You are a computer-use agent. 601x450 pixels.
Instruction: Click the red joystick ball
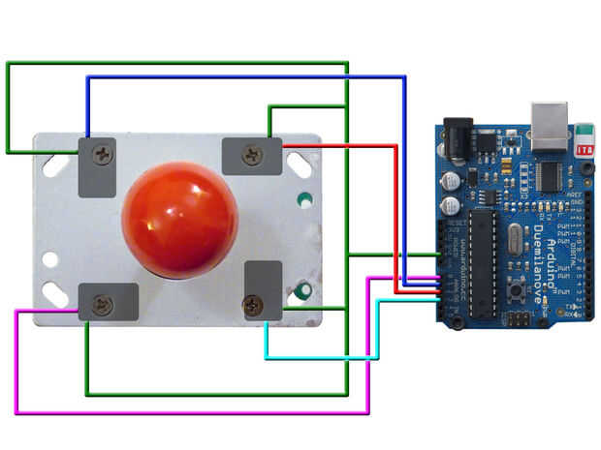pyautogui.click(x=179, y=220)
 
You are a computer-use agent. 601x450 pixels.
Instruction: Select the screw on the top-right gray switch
pyautogui.click(x=251, y=154)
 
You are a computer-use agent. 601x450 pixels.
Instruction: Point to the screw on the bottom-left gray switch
pyautogui.click(x=100, y=306)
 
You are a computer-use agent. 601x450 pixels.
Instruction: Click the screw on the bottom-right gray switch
pyautogui.click(x=254, y=306)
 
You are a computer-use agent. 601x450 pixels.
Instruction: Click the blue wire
pyautogui.click(x=242, y=76)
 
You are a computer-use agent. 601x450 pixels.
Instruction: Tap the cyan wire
pyautogui.click(x=320, y=358)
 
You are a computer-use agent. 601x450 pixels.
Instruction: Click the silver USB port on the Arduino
pyautogui.click(x=549, y=125)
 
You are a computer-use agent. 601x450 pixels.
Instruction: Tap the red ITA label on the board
pyautogui.click(x=585, y=148)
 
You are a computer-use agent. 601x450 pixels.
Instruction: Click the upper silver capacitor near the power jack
pyautogui.click(x=453, y=181)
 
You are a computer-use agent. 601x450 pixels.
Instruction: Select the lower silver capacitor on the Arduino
pyautogui.click(x=453, y=206)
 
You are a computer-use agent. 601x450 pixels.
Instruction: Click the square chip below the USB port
pyautogui.click(x=551, y=175)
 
